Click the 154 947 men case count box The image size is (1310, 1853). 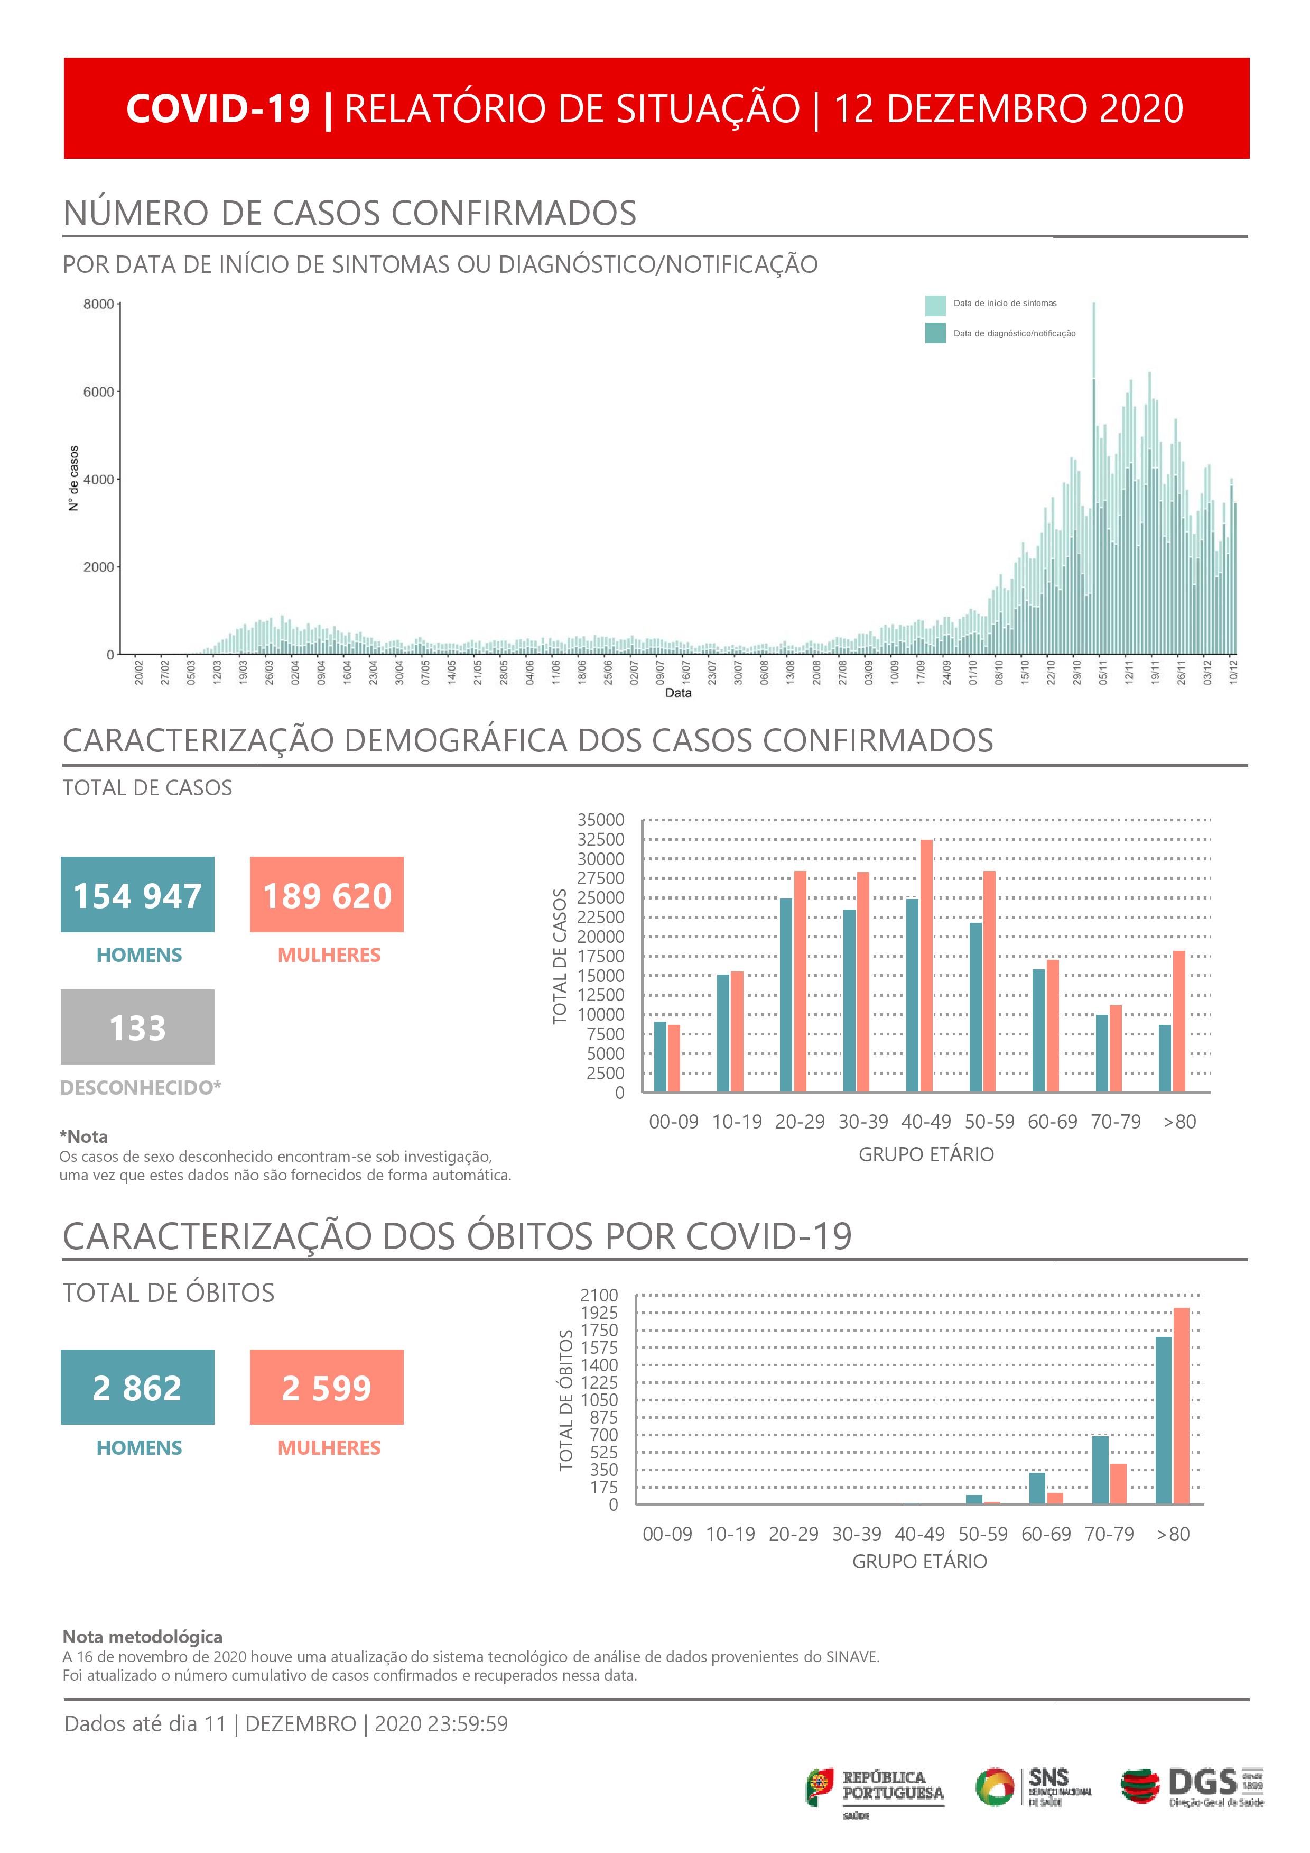click(x=137, y=894)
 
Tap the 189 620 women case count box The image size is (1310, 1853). click(x=327, y=894)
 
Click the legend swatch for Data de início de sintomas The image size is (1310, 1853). click(x=935, y=305)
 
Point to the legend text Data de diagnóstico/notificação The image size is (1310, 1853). click(x=1014, y=333)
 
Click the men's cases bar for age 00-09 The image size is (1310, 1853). click(x=660, y=1057)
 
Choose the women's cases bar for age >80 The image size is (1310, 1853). click(x=1178, y=1021)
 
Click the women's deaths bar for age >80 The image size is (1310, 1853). click(x=1181, y=1405)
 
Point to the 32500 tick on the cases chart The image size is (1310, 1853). click(x=601, y=839)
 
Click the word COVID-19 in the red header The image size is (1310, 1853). click(x=218, y=108)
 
